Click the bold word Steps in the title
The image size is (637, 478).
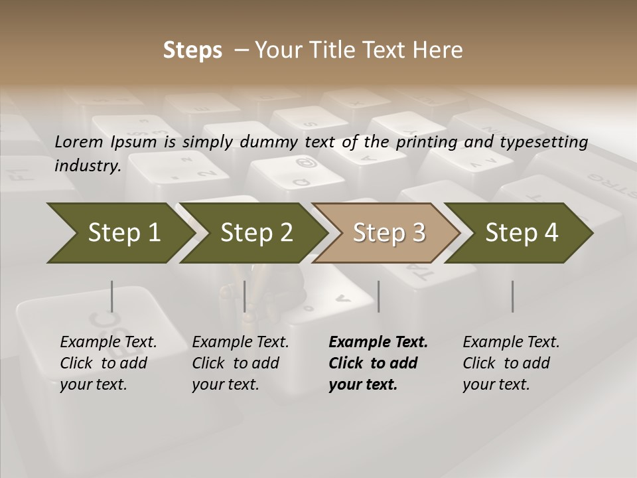(x=192, y=50)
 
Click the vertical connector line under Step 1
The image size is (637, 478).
(x=112, y=296)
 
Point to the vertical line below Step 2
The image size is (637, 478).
(x=245, y=296)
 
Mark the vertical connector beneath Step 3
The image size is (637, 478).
(x=378, y=296)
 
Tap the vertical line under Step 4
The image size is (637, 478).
(x=512, y=296)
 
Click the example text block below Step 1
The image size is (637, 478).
(x=108, y=363)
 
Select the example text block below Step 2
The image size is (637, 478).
(x=240, y=363)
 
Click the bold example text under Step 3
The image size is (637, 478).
(x=378, y=363)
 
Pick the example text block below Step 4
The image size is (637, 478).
(x=511, y=363)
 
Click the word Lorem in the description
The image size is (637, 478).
(x=79, y=142)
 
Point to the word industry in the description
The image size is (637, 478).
(x=88, y=166)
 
